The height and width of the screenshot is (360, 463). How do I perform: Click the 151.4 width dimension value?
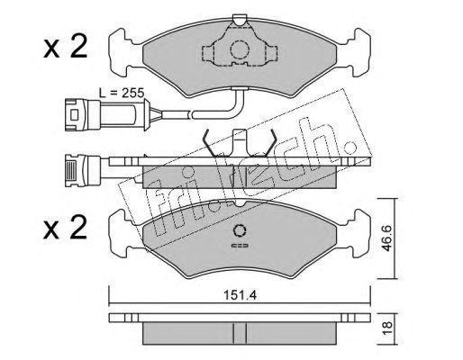tap(241, 296)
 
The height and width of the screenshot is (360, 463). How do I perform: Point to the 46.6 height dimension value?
tap(386, 238)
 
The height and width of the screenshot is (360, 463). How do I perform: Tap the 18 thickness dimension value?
tap(387, 329)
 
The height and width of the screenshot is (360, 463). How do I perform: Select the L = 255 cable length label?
tap(122, 93)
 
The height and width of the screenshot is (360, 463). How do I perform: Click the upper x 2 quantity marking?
tap(65, 47)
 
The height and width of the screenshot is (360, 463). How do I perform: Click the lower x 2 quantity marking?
tap(65, 228)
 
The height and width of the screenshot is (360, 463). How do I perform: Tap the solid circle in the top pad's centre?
tap(240, 49)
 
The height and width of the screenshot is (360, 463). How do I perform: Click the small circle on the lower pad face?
tap(240, 230)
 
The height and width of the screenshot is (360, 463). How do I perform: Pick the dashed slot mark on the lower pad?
tap(240, 246)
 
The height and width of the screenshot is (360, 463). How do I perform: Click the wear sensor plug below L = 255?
tap(83, 115)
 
